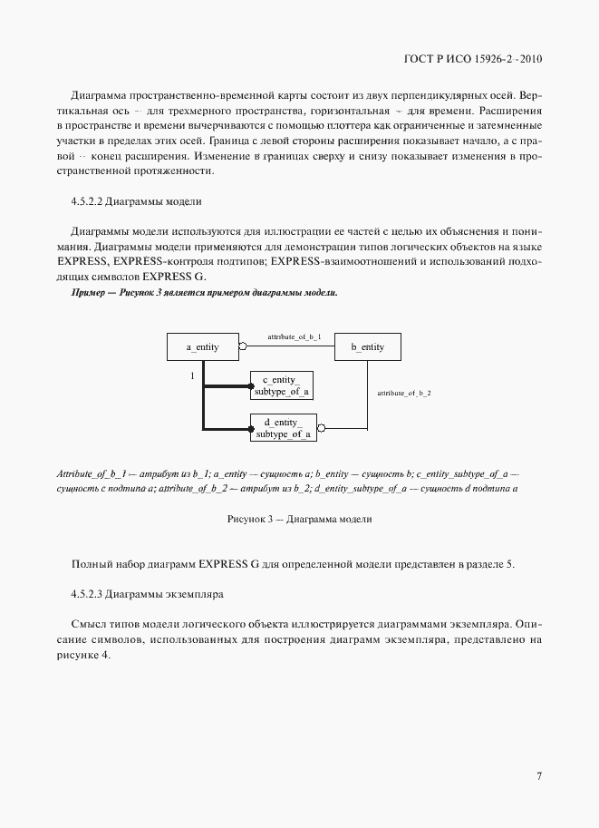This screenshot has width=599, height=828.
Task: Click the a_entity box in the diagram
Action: pos(201,347)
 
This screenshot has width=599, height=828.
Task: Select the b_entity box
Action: pos(368,347)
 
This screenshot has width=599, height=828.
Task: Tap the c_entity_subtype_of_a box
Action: pos(282,385)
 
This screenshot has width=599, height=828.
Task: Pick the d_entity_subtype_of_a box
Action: pos(282,427)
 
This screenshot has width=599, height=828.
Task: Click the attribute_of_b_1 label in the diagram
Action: pos(294,336)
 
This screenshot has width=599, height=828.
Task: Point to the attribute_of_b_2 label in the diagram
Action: pos(403,393)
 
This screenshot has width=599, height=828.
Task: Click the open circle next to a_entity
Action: pos(242,346)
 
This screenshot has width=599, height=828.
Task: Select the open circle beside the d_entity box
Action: pos(321,428)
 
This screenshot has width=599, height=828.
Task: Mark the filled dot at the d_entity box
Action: pos(251,428)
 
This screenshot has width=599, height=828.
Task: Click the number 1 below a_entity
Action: pos(191,375)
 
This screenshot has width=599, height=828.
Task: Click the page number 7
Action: pos(539,776)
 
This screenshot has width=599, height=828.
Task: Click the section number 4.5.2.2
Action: pos(85,201)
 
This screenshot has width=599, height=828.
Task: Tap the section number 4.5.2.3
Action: pos(85,595)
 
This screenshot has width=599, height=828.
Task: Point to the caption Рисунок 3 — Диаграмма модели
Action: pos(299,520)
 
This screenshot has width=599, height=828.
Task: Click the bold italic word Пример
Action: pos(88,294)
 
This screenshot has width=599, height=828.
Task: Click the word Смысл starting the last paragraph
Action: pos(87,625)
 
